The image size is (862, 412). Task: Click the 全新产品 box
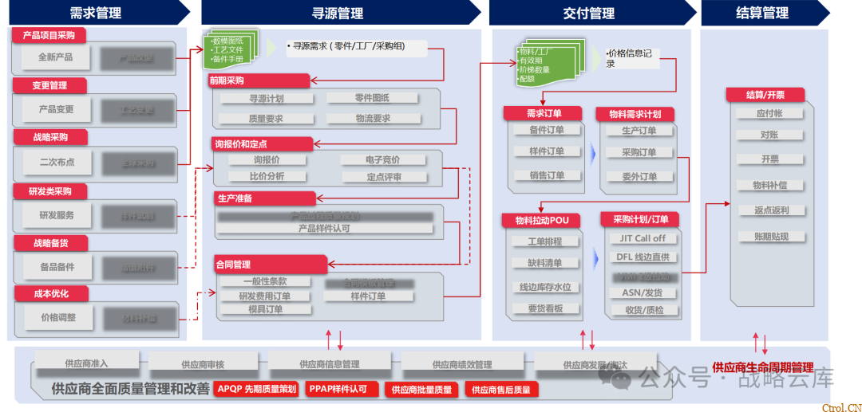(55, 57)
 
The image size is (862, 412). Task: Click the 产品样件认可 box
(324, 228)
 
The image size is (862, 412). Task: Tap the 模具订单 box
(266, 309)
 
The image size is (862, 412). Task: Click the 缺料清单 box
(545, 263)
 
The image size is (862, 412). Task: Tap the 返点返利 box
(770, 210)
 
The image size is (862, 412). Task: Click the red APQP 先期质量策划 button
(257, 389)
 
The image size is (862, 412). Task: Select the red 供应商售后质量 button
(500, 390)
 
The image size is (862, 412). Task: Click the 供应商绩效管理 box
(462, 364)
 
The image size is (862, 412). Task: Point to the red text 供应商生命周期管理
(762, 367)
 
